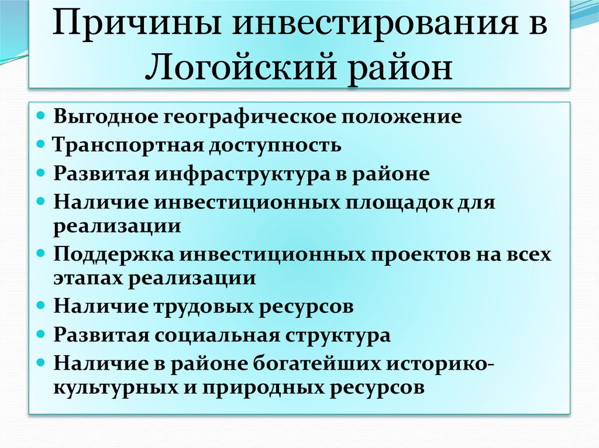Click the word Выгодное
click(x=99, y=116)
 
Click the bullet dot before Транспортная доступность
click(x=47, y=144)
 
